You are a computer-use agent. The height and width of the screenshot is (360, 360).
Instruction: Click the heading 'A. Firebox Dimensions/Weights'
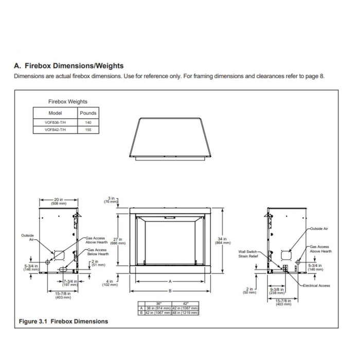click(x=68, y=66)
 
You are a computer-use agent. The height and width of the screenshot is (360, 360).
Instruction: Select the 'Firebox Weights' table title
click(x=68, y=102)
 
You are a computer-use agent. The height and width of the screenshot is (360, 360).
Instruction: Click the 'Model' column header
click(x=55, y=113)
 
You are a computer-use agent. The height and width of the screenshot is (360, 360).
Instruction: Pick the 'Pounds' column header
click(x=87, y=113)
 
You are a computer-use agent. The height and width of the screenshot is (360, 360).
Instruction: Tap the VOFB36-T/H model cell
click(x=55, y=123)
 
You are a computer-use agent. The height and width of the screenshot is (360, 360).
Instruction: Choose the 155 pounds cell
click(x=87, y=131)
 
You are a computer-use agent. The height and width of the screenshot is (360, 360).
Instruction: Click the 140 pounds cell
click(x=87, y=123)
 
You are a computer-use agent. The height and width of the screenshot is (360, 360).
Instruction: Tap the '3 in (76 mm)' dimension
click(x=112, y=200)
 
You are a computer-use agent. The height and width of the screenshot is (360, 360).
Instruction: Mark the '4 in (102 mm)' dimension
click(x=112, y=282)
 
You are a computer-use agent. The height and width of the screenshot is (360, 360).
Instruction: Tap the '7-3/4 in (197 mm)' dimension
click(x=69, y=283)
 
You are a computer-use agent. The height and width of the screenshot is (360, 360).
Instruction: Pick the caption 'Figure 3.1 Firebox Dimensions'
click(x=63, y=321)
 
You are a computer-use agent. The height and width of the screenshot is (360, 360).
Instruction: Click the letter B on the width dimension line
click(x=170, y=291)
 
